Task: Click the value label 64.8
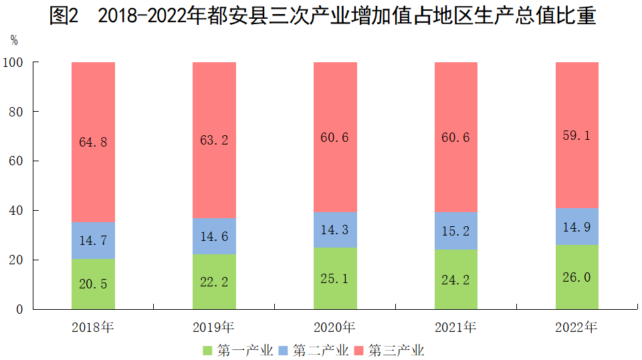(x=93, y=141)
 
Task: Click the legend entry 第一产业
(x=237, y=350)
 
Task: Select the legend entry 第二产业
(x=313, y=350)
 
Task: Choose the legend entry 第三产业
(x=389, y=350)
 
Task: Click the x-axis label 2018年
(x=93, y=328)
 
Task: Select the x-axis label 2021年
(x=456, y=328)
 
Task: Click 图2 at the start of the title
(x=64, y=16)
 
